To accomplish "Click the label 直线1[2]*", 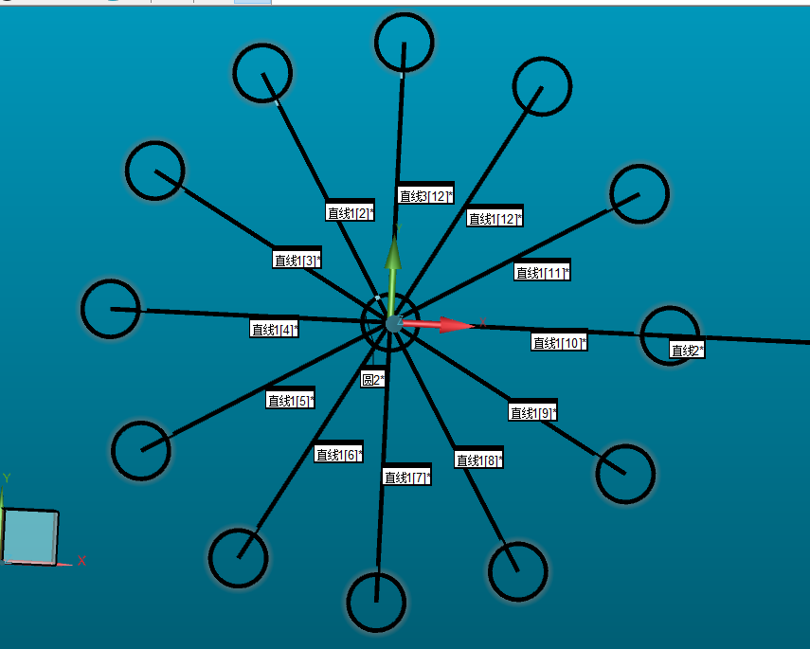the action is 350,212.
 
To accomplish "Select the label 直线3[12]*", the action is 425,196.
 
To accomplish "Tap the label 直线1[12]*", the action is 495,219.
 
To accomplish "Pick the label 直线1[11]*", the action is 542,272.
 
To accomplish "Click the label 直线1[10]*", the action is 559,343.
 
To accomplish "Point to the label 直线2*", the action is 687,351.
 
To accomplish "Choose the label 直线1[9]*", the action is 533,413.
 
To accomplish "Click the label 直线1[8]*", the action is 478,460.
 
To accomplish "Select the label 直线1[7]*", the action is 407,477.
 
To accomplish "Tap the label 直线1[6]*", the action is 339,454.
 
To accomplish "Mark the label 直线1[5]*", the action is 290,401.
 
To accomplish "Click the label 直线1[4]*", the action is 275,329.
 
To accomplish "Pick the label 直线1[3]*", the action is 297,260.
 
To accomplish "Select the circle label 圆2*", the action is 373,380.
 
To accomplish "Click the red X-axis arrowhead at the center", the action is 457,325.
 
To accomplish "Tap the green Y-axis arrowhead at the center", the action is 393,252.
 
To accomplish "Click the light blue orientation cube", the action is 30,537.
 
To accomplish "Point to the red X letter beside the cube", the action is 81,561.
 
